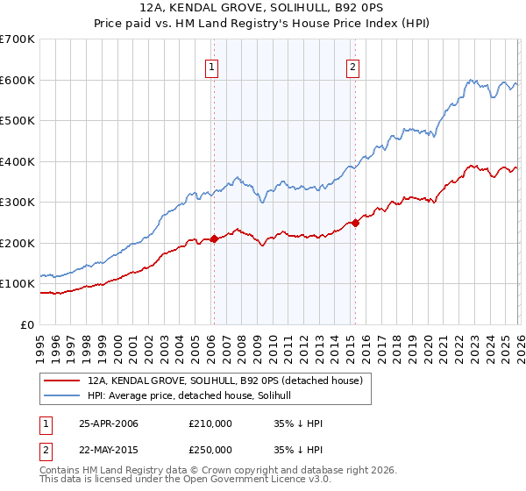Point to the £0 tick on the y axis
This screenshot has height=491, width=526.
28,324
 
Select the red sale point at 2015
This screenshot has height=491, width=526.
355,223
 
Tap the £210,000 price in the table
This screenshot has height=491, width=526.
210,423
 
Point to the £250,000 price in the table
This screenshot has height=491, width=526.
210,450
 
